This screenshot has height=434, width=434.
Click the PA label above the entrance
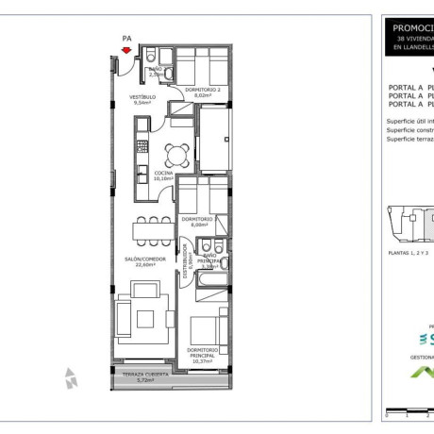[125, 38]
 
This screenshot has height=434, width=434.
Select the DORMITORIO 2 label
[203, 90]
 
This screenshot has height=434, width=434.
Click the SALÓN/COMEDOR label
[145, 259]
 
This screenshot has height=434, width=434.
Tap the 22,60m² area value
[145, 265]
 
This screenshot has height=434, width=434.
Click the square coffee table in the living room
[146, 318]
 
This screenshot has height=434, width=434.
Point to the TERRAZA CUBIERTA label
[145, 374]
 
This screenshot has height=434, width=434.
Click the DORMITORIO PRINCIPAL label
[201, 350]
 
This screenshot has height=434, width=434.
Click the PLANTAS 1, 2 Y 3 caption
[409, 254]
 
